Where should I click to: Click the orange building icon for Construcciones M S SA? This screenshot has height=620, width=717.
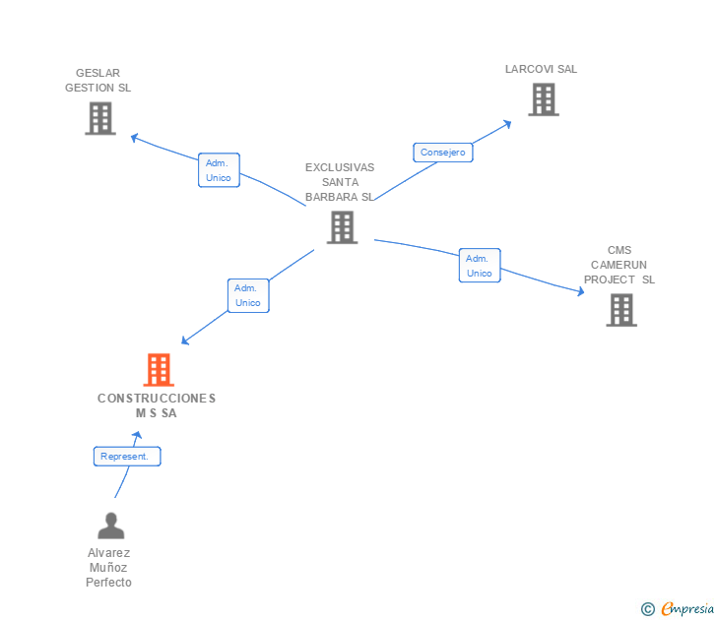[x=159, y=370]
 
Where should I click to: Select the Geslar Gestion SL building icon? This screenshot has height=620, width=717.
[x=99, y=118]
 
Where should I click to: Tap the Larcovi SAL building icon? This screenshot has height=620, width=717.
[x=543, y=99]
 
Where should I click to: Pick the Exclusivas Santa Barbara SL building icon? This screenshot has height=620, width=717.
[x=342, y=227]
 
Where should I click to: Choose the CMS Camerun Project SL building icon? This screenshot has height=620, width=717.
[x=620, y=310]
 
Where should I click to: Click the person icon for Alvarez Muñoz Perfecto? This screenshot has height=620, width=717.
[x=111, y=526]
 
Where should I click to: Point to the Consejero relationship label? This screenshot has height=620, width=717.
[x=442, y=152]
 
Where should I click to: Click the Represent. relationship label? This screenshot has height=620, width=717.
[x=127, y=457]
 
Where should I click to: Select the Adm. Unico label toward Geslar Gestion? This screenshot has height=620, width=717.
[x=219, y=170]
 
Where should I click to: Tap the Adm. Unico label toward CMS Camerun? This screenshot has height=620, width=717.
[x=480, y=266]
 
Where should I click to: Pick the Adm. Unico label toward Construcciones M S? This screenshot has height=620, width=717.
[x=248, y=295]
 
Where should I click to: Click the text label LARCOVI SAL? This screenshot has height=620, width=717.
[x=541, y=69]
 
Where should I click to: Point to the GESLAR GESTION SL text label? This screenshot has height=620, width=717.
[x=98, y=81]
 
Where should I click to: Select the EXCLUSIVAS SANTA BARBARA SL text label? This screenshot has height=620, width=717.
[x=339, y=182]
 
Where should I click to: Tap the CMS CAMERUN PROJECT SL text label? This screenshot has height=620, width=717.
[x=619, y=265]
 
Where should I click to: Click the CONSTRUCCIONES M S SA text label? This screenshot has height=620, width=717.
[x=157, y=405]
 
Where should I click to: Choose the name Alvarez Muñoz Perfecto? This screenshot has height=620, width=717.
[x=108, y=568]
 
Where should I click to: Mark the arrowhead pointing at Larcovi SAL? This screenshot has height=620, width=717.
[x=507, y=123]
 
